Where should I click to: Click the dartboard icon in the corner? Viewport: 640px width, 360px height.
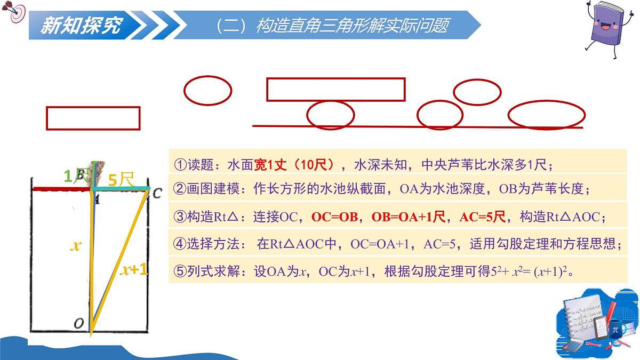[16, 13]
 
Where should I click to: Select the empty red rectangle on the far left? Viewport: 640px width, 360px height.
[93, 118]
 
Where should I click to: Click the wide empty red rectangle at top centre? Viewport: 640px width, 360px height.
[335, 89]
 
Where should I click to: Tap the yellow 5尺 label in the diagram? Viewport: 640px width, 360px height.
[120, 179]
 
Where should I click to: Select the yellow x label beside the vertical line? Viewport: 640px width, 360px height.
[76, 246]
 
